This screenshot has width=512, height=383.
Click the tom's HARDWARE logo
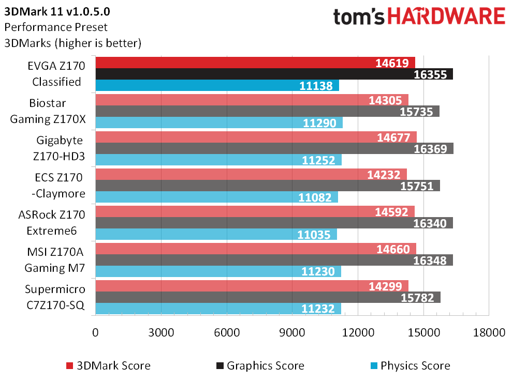[x=419, y=17]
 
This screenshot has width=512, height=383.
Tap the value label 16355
[x=432, y=74]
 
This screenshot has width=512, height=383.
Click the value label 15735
[x=419, y=112]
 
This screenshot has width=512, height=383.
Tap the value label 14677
[x=397, y=137]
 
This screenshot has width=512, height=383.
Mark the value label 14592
[x=394, y=211]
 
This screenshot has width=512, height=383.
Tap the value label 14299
[x=388, y=286]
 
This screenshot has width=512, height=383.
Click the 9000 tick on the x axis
[x=292, y=333]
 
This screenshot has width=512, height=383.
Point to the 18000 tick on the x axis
[x=489, y=333]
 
